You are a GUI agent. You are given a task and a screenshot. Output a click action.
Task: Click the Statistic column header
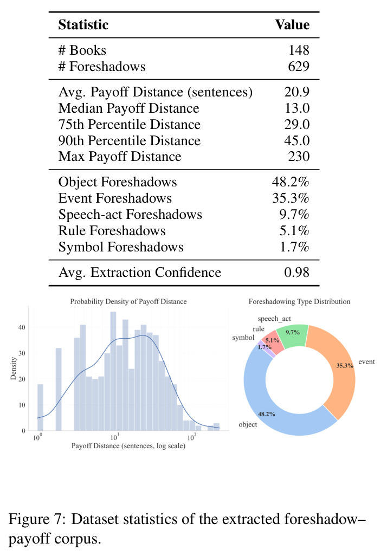[x=83, y=25]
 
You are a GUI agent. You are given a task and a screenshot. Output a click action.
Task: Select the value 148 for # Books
[x=299, y=50]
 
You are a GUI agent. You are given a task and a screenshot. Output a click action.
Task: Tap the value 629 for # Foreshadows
[x=299, y=66]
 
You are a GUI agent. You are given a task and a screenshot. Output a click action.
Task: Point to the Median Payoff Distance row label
[x=129, y=108]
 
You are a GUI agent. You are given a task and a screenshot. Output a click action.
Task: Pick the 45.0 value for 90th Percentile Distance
[x=297, y=141]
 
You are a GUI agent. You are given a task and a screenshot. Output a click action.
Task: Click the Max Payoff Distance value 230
[x=299, y=157]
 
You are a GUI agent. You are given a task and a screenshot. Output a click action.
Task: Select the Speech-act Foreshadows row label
[x=130, y=215]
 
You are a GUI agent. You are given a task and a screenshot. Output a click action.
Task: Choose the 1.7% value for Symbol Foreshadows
[x=294, y=247]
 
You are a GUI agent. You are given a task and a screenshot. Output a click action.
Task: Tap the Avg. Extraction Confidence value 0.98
[x=297, y=273]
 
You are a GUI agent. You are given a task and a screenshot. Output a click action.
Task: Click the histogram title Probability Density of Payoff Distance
[x=128, y=302]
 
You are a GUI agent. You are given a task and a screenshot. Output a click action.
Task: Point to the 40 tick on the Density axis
[x=22, y=327]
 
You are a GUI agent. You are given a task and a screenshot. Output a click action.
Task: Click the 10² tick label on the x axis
[x=192, y=437]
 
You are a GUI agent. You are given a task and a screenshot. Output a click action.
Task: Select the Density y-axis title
[x=14, y=368]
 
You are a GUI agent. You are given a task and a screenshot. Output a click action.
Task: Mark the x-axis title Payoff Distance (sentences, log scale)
[x=128, y=446]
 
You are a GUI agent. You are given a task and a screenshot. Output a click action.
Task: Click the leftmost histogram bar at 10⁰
[x=40, y=408]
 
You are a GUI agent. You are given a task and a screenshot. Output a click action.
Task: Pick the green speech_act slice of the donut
[x=292, y=335]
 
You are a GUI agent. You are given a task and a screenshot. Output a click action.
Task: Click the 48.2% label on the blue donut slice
[x=266, y=414]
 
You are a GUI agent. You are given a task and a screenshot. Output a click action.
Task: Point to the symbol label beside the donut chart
[x=243, y=338]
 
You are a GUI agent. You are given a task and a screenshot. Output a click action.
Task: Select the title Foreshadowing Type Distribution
[x=299, y=302]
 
